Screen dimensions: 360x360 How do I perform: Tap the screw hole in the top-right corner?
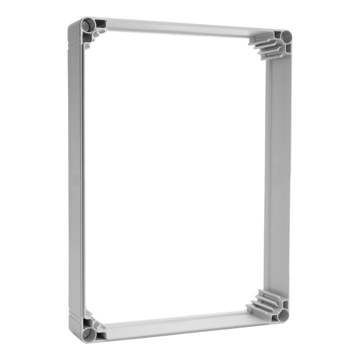click(x=286, y=36)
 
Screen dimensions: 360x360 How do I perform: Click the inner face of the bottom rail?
click(x=180, y=325)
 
